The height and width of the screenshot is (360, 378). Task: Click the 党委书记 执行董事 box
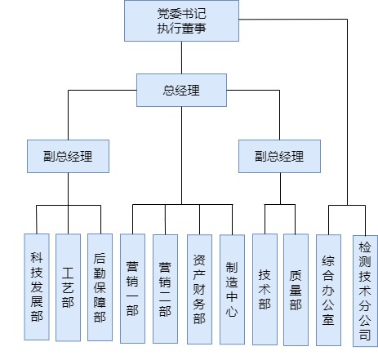click(x=181, y=20)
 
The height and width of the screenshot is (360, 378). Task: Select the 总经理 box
click(x=181, y=90)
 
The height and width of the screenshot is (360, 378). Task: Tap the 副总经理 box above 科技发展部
click(x=68, y=156)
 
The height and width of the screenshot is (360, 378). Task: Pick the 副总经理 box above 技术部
click(x=279, y=156)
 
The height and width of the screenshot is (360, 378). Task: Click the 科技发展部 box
click(x=37, y=287)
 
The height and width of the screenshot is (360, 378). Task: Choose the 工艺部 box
click(x=68, y=287)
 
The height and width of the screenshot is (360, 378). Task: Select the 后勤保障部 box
click(x=100, y=287)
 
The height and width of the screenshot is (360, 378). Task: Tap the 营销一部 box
click(x=132, y=288)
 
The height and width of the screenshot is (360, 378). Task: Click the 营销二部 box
click(x=165, y=289)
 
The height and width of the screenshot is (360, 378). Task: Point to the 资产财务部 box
click(x=199, y=289)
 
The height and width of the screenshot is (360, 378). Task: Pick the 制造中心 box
click(x=232, y=290)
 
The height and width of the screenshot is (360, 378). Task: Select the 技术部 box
click(x=265, y=289)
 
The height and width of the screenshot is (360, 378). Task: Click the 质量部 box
click(x=296, y=290)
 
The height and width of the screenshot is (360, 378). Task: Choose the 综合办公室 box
click(x=328, y=290)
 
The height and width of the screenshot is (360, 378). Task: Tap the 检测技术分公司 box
click(x=365, y=291)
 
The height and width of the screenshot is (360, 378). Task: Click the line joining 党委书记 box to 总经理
click(x=181, y=57)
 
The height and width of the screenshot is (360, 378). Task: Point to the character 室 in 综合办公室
click(x=328, y=319)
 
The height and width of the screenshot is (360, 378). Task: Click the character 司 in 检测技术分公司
click(x=365, y=335)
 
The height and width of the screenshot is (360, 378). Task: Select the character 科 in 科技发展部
click(x=37, y=257)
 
